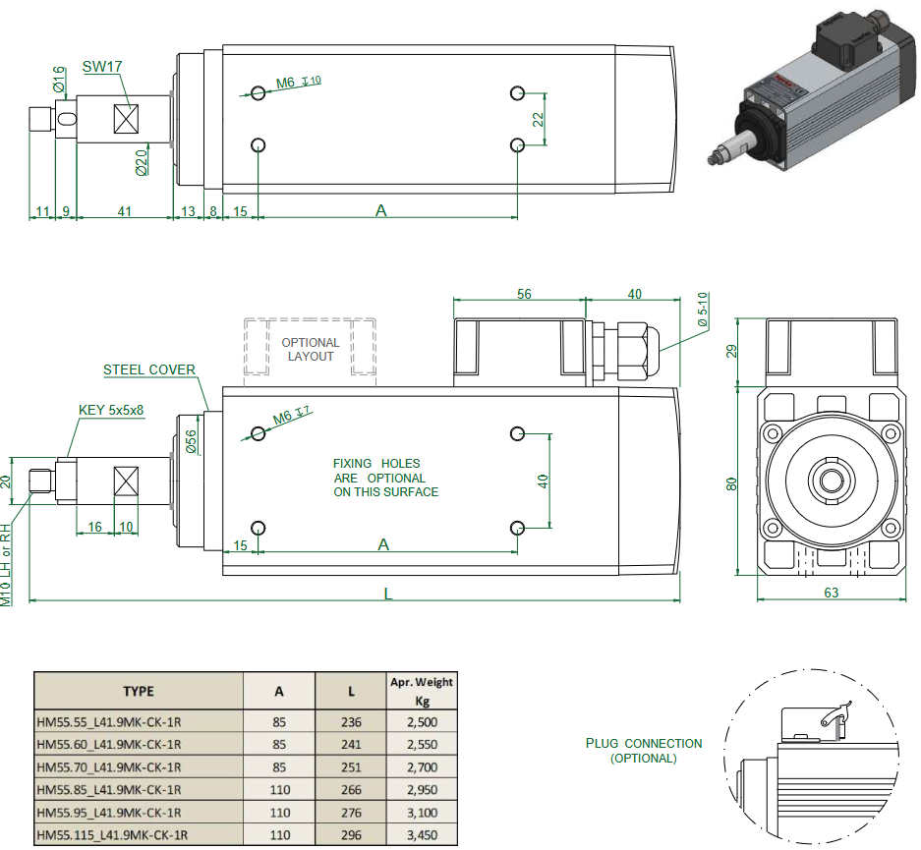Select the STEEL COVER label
tap(149, 370)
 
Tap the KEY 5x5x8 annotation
tap(111, 410)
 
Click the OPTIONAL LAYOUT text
tap(311, 350)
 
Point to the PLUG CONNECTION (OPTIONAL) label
tap(644, 751)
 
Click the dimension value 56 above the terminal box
tap(524, 294)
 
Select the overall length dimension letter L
tap(387, 594)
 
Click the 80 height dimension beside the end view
tap(731, 483)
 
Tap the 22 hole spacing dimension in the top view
tap(538, 119)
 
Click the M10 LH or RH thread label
tap(6, 564)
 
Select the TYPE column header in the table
tap(139, 691)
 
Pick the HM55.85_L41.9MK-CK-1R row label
tap(108, 790)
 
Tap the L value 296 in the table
tap(351, 835)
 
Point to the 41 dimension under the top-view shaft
tap(125, 210)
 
